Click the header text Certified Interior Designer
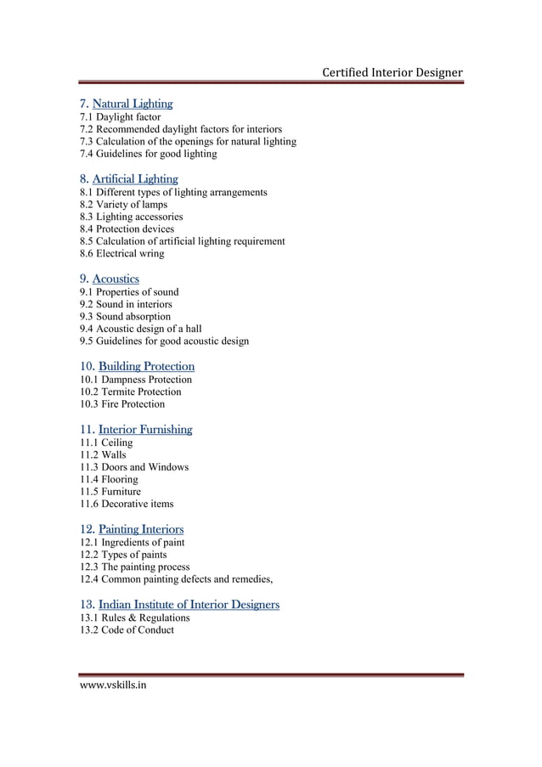(x=392, y=72)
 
